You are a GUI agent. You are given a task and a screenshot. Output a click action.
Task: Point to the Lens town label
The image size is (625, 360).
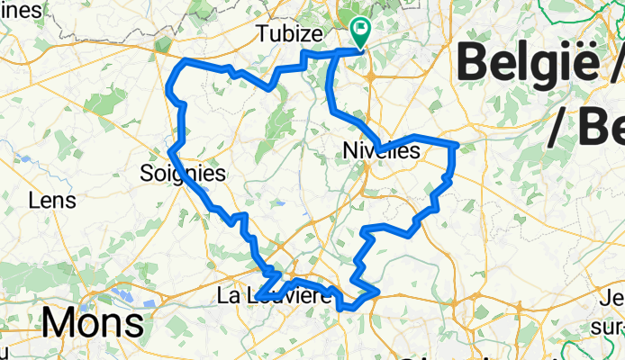(52, 200)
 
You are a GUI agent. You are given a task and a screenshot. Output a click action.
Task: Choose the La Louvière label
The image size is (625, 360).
(275, 295)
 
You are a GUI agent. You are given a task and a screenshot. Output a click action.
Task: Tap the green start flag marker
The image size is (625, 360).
(361, 31)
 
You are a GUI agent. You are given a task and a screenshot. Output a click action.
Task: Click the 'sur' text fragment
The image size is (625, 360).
(612, 317)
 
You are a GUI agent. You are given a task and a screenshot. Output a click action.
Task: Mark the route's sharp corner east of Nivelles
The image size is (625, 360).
(457, 144)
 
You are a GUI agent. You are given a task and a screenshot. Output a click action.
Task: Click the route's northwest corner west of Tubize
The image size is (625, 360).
(186, 60)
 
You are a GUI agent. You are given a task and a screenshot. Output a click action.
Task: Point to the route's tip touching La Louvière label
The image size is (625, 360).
(258, 295)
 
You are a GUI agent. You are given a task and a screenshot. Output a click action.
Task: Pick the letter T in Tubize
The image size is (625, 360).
(262, 33)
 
